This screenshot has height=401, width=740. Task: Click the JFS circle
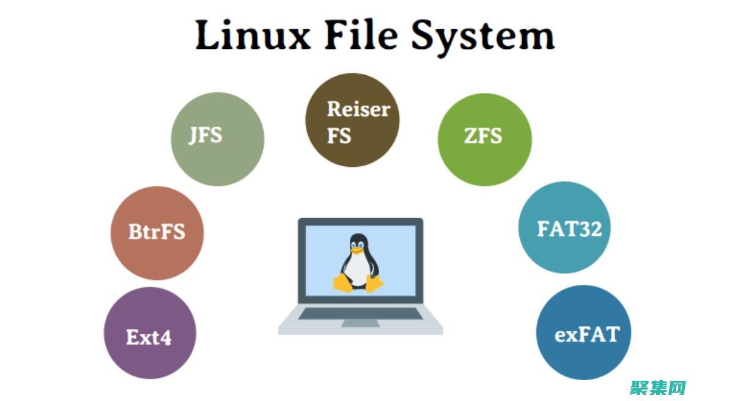(x=217, y=139)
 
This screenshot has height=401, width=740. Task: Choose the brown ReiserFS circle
(x=352, y=120)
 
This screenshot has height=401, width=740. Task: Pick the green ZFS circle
(x=484, y=139)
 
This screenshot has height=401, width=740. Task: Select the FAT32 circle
(x=564, y=227)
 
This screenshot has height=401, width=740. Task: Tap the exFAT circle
(x=583, y=333)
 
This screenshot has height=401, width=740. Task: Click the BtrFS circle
(x=157, y=233)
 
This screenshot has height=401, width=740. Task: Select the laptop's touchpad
(x=360, y=323)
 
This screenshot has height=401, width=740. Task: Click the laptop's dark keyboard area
(x=360, y=313)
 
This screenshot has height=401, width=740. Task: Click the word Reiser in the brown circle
(x=358, y=109)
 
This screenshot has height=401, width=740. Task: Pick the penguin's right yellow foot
(x=374, y=282)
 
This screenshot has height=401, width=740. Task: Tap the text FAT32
(x=569, y=229)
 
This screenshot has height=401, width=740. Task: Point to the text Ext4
(x=149, y=337)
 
